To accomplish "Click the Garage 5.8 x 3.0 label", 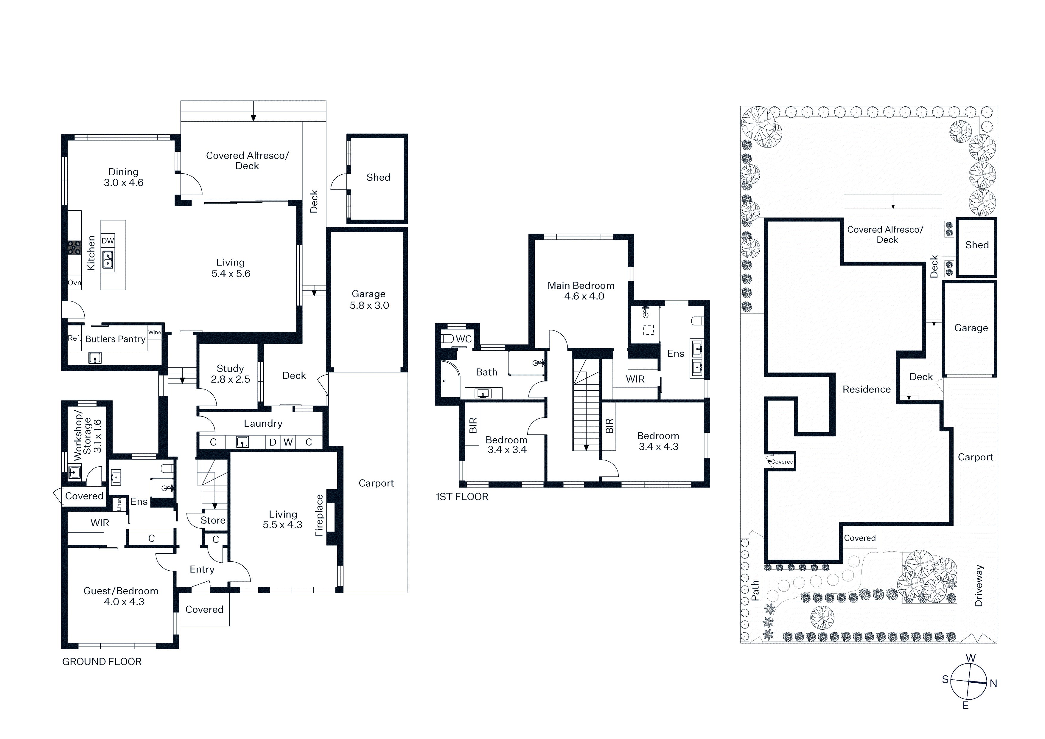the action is click(x=369, y=299).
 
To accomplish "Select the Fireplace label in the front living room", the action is click(x=319, y=516).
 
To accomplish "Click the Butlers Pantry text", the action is click(x=116, y=339).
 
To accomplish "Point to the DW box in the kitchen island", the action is click(x=108, y=241).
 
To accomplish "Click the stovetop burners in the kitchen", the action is click(x=74, y=248).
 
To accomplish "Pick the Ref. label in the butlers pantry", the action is click(x=74, y=338).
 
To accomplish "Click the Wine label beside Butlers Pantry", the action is click(x=155, y=332).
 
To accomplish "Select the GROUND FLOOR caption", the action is click(x=102, y=662).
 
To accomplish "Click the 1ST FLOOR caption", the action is click(x=462, y=497).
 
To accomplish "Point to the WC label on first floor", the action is click(x=464, y=339).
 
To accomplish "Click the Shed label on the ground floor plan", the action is click(x=378, y=177).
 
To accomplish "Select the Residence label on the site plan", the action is click(x=867, y=389).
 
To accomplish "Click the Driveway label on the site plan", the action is click(x=979, y=586).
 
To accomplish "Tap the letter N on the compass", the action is click(x=993, y=684).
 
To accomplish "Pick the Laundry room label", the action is click(x=263, y=423).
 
